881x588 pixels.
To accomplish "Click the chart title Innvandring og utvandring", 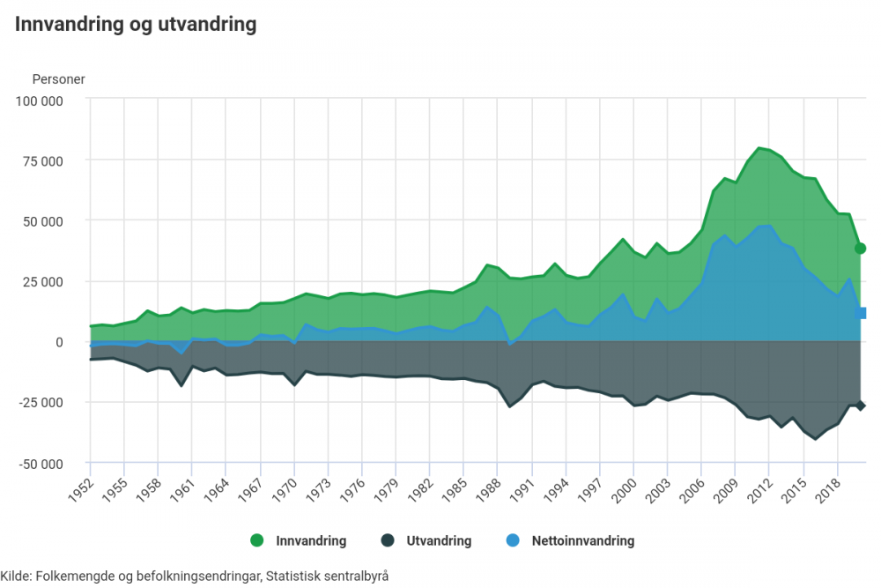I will (136, 25).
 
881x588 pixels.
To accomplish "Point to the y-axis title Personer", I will (58, 79).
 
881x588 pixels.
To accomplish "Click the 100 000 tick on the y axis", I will (40, 100).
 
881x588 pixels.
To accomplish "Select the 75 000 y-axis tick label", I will (43, 160).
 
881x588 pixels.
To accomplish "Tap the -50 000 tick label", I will (41, 463).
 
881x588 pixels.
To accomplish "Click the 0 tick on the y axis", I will (58, 342).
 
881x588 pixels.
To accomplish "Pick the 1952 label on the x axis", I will (80, 487).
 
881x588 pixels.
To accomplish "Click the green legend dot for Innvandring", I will (257, 540).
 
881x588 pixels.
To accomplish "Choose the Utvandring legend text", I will (439, 541).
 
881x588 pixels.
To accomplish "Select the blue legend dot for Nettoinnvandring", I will (513, 540).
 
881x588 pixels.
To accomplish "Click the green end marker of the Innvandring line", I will (860, 249).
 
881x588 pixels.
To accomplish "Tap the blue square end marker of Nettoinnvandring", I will (861, 313).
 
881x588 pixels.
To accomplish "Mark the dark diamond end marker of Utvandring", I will (860, 406).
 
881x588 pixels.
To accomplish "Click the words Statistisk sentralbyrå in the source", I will (325, 576).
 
